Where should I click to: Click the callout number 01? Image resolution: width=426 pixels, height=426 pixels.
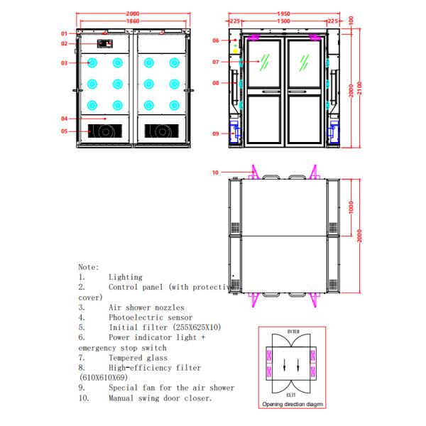[x=63, y=33]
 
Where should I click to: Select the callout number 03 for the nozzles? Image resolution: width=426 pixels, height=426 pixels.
[x=63, y=63]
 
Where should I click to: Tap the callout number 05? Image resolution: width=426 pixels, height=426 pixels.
[x=63, y=131]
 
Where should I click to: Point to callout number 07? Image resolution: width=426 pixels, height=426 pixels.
[x=216, y=61]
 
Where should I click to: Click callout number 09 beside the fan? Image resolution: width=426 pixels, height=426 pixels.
[x=216, y=133]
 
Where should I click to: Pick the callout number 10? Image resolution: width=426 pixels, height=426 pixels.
[x=216, y=172]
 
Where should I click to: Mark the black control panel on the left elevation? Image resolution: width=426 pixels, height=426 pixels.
[x=106, y=44]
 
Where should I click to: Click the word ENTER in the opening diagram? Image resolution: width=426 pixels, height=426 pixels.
[x=293, y=332]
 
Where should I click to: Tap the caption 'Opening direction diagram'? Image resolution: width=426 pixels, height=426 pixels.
[x=293, y=403]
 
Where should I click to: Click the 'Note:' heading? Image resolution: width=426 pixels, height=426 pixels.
[x=88, y=266]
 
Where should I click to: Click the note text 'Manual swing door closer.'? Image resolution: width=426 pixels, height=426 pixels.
[x=160, y=398]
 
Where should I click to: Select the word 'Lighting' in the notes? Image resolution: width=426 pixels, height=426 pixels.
[x=125, y=277]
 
